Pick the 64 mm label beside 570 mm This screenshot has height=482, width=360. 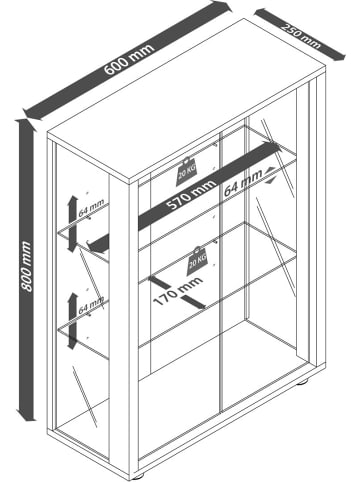[240, 183]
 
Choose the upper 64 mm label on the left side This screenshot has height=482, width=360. [93, 208]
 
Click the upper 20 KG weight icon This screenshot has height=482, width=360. [188, 172]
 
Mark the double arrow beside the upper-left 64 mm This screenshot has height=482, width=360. [71, 212]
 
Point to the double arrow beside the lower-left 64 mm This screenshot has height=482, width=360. [70, 319]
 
